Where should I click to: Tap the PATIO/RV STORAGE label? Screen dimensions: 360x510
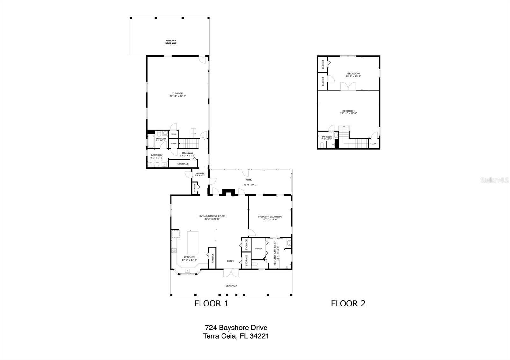(171, 42)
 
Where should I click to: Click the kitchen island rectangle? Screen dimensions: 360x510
(192, 242)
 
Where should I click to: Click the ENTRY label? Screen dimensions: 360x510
(230, 261)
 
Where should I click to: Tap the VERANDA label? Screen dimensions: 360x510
(231, 286)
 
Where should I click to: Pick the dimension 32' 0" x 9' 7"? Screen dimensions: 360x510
(250, 185)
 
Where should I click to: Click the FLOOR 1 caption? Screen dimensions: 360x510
(211, 304)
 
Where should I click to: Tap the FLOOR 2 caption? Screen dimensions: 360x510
(348, 304)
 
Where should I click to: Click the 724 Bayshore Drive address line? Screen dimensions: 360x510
(236, 328)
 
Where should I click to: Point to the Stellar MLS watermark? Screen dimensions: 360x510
(494, 180)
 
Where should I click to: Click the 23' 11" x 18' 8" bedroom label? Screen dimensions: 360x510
(348, 112)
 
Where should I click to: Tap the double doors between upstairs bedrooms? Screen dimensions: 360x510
(348, 86)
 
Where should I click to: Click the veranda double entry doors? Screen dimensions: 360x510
(230, 273)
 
